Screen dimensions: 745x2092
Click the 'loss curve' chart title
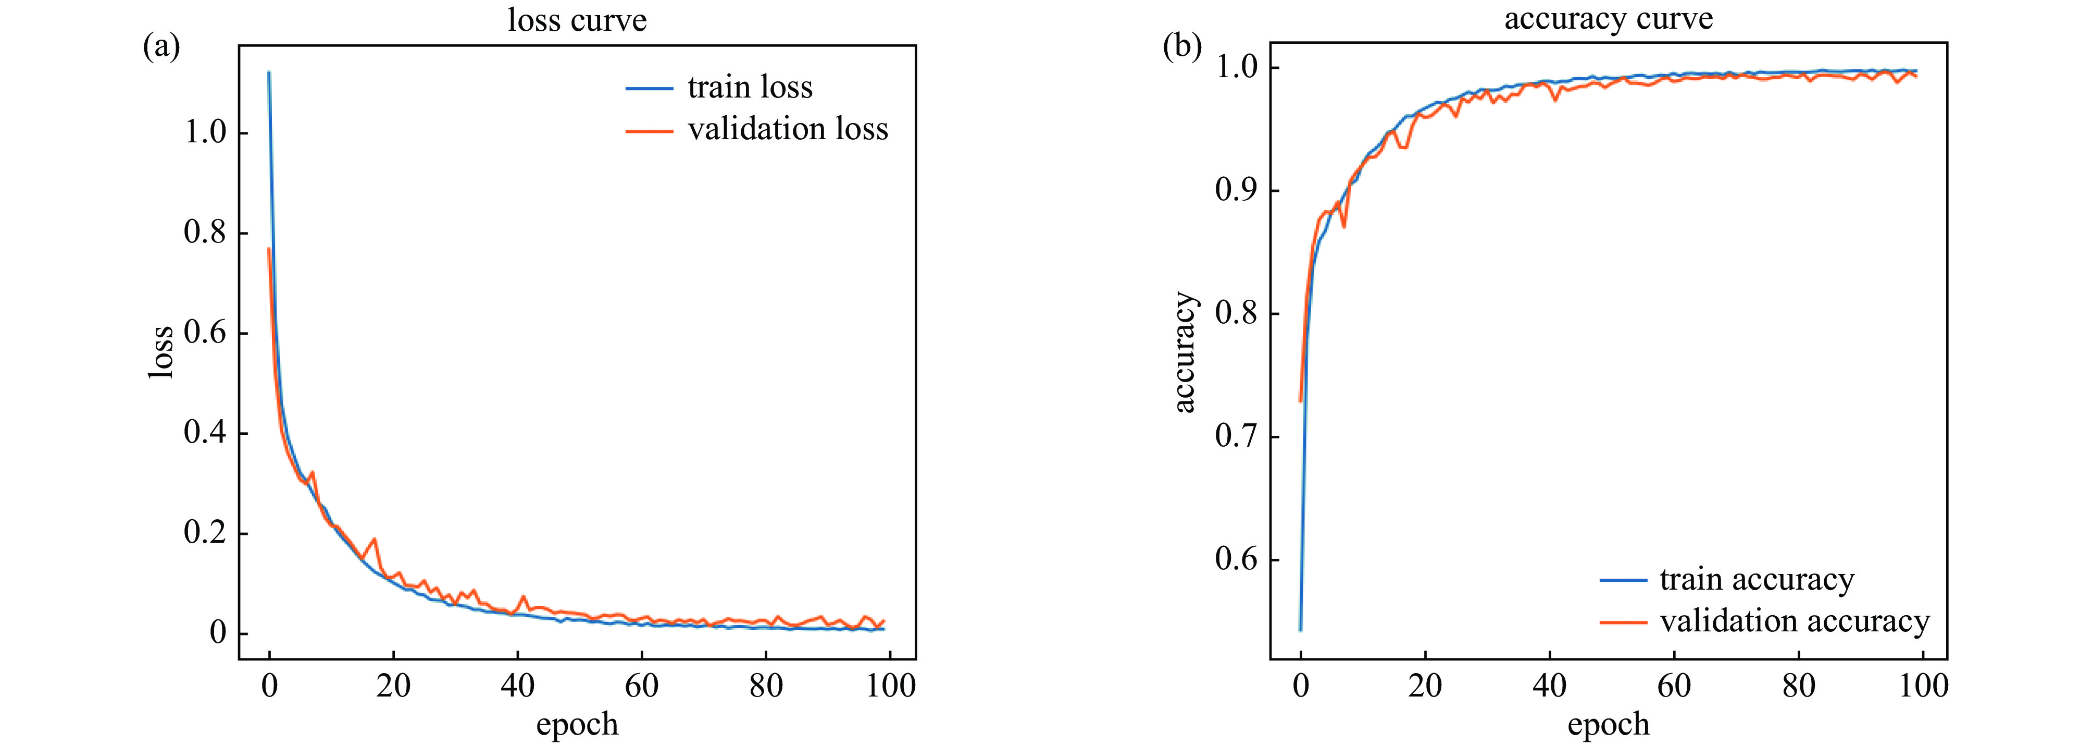coord(577,20)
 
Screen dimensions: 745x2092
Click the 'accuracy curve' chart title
coord(1608,19)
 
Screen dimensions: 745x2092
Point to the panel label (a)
coord(161,46)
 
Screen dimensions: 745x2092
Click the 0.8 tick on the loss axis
coord(205,233)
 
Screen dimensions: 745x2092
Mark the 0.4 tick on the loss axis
coord(205,432)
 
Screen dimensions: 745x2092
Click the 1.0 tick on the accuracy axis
coord(1236,67)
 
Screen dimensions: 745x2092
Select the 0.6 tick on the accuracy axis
coord(1236,560)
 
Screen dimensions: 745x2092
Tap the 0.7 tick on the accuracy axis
coord(1236,437)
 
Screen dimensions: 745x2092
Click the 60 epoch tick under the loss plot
coord(642,687)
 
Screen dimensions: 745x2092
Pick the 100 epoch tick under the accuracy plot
coord(1923,687)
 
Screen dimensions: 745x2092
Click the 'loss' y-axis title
coord(161,352)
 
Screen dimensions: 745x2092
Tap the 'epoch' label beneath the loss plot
coord(577,724)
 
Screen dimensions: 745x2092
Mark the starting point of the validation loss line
coord(269,249)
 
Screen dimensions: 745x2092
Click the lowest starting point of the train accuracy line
coord(1300,630)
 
